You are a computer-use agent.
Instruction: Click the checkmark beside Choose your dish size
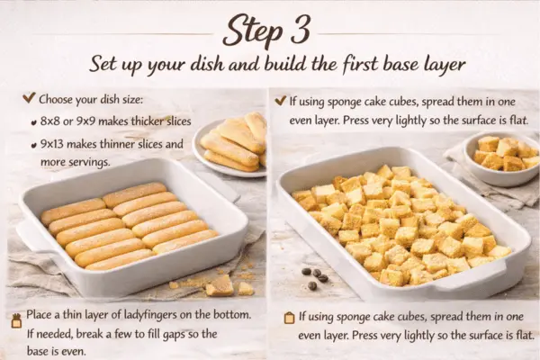(x=29, y=98)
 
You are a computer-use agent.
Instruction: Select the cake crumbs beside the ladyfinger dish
(x=220, y=285)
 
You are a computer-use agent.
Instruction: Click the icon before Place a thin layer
(x=15, y=318)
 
